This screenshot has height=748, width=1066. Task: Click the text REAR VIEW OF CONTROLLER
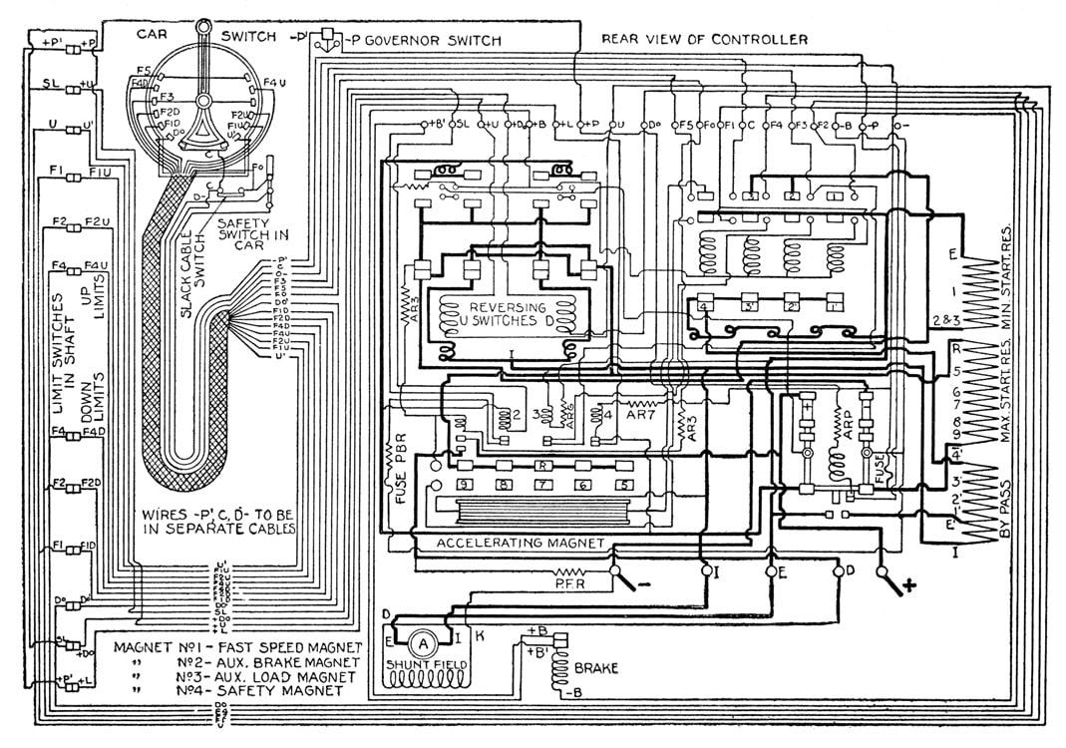[705, 40]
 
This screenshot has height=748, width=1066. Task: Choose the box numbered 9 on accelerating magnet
[465, 485]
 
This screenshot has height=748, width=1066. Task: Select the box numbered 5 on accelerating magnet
[624, 485]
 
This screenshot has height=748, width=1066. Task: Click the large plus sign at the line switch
[909, 585]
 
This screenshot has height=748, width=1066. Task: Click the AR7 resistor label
[635, 412]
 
